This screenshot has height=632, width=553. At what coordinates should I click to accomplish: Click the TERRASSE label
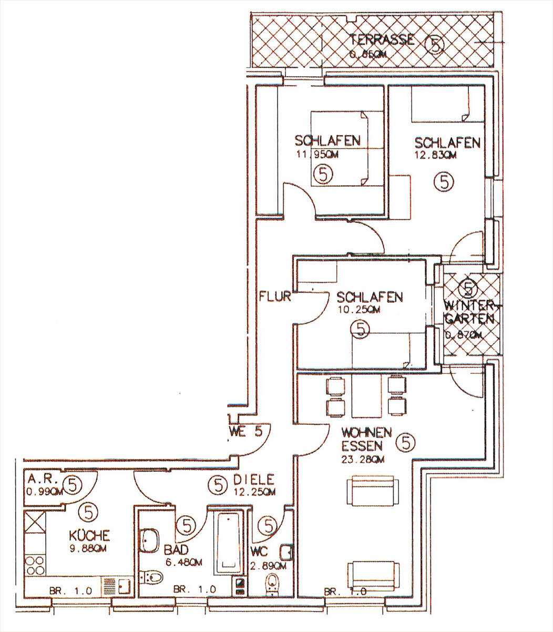pos(382,40)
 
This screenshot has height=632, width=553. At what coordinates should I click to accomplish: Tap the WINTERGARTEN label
pos(469,312)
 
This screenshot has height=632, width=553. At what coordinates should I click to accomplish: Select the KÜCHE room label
pos(89,536)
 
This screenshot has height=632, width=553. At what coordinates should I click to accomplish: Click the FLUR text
pos(275,296)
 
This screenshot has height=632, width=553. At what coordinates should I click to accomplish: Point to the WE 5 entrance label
pos(245,433)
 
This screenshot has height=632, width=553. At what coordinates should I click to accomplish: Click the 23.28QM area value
pos(363,459)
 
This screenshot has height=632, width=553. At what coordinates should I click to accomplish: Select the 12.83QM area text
pos(435,155)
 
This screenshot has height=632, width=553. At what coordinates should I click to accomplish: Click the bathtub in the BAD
pos(229,542)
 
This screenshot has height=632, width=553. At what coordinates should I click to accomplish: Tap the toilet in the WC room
pos(272,584)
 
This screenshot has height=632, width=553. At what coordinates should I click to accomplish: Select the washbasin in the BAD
pos(150,541)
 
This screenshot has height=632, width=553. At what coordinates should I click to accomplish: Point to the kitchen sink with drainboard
pos(116,585)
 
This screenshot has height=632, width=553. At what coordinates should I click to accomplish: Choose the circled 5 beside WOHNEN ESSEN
pos(405,443)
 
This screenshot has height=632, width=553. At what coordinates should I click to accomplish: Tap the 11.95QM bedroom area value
pos(315,155)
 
